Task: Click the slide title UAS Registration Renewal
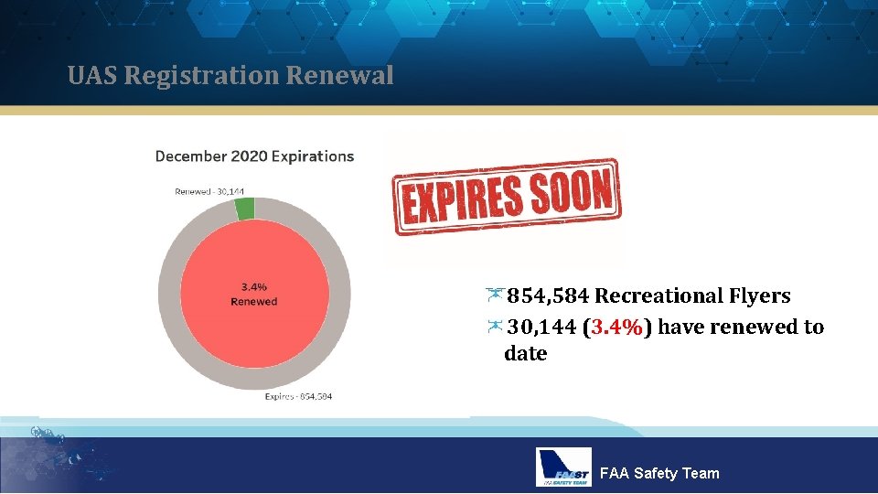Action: [x=230, y=75]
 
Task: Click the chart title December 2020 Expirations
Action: [x=254, y=156]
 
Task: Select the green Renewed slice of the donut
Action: [x=244, y=209]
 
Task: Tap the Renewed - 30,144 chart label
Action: [x=209, y=191]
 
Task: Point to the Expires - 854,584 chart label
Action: [x=298, y=396]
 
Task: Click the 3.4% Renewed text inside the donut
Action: [x=253, y=295]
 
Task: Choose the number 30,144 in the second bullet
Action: [x=541, y=328]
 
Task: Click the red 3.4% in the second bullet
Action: [x=616, y=328]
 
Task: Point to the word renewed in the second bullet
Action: [x=731, y=328]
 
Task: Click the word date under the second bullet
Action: [x=525, y=354]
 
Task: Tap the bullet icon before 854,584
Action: [x=495, y=294]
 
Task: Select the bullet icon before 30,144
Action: [x=495, y=325]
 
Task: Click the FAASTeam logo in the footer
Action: [x=563, y=467]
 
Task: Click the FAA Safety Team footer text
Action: [x=658, y=473]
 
